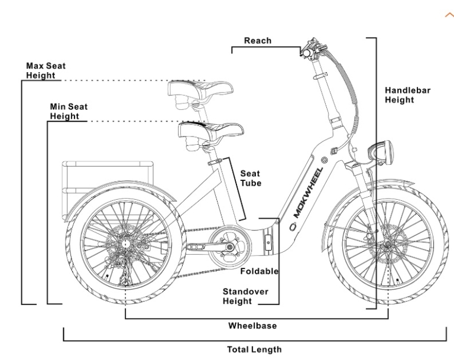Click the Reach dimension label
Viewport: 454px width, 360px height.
[x=258, y=41]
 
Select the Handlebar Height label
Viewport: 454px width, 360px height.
[x=408, y=95]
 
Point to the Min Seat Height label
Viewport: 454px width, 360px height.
[x=69, y=111]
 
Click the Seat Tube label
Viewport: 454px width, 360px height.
[x=250, y=179]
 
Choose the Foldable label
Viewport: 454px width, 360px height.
[x=260, y=271]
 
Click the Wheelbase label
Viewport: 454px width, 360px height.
[x=252, y=325]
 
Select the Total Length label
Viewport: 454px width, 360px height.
[x=255, y=349]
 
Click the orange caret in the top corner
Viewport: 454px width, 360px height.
[x=448, y=15]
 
